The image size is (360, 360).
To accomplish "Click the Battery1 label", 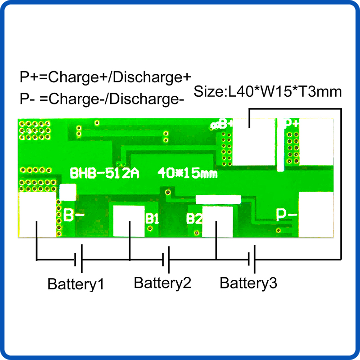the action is tap(76, 284).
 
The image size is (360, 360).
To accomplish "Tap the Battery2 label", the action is tap(162, 283).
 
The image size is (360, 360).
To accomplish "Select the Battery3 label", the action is tap(248, 283).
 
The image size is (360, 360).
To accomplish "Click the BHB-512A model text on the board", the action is tap(104, 173).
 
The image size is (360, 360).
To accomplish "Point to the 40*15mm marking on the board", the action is tap(187, 173).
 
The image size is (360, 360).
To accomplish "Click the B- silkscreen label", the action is tap(74, 215).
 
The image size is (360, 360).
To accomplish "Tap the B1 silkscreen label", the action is tap(152, 218).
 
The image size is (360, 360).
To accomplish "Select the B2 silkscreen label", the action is tap(194, 218).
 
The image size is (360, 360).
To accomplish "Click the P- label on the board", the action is tap(287, 215).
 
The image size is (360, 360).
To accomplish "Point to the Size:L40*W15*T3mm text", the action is tap(268, 92).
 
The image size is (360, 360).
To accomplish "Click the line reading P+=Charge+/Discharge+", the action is tap(105, 77).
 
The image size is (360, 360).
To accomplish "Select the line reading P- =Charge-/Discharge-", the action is tap(102, 99).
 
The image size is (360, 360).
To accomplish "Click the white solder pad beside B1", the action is tap(129, 221).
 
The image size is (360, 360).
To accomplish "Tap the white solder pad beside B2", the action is tap(217, 222).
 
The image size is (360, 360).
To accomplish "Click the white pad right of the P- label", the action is tap(316, 215).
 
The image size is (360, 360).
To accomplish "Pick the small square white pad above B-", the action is tap(68, 193).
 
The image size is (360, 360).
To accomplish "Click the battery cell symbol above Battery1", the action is tap(78, 258).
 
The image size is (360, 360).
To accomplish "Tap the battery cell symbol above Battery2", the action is tap(166, 260).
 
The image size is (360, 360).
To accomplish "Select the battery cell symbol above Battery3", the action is tap(252, 259).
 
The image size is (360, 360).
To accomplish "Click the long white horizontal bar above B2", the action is tap(218, 200).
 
